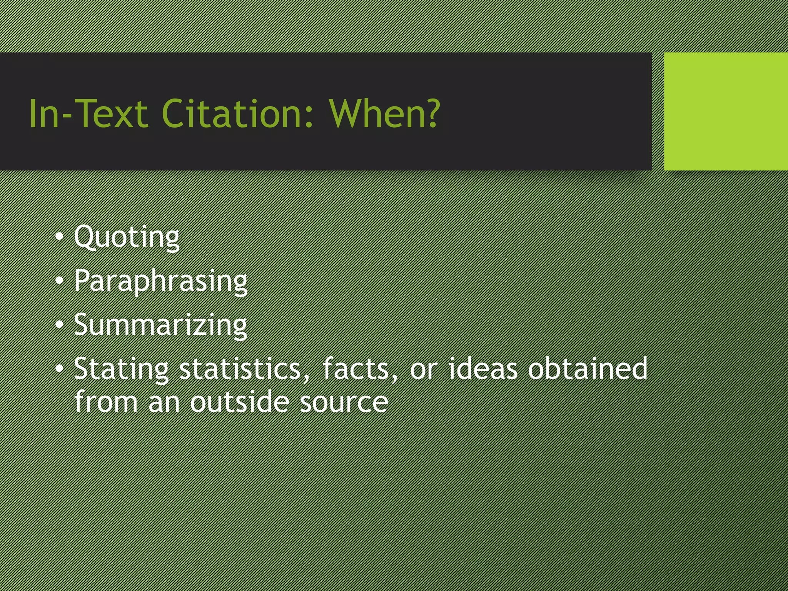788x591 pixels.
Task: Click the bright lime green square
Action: tap(726, 111)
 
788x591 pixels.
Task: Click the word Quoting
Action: tap(127, 237)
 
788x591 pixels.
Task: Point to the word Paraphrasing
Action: tap(161, 281)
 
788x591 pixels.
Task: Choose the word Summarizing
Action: tap(160, 326)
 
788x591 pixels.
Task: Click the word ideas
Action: tap(483, 369)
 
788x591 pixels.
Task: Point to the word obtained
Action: tap(587, 369)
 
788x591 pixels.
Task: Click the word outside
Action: tap(239, 402)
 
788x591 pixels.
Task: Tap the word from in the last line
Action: tap(106, 402)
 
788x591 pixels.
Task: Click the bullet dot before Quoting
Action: tap(59, 237)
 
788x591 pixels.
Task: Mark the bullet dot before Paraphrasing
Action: tap(59, 281)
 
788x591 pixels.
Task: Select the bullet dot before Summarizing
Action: tap(59, 325)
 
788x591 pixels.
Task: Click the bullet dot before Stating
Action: tap(59, 369)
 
